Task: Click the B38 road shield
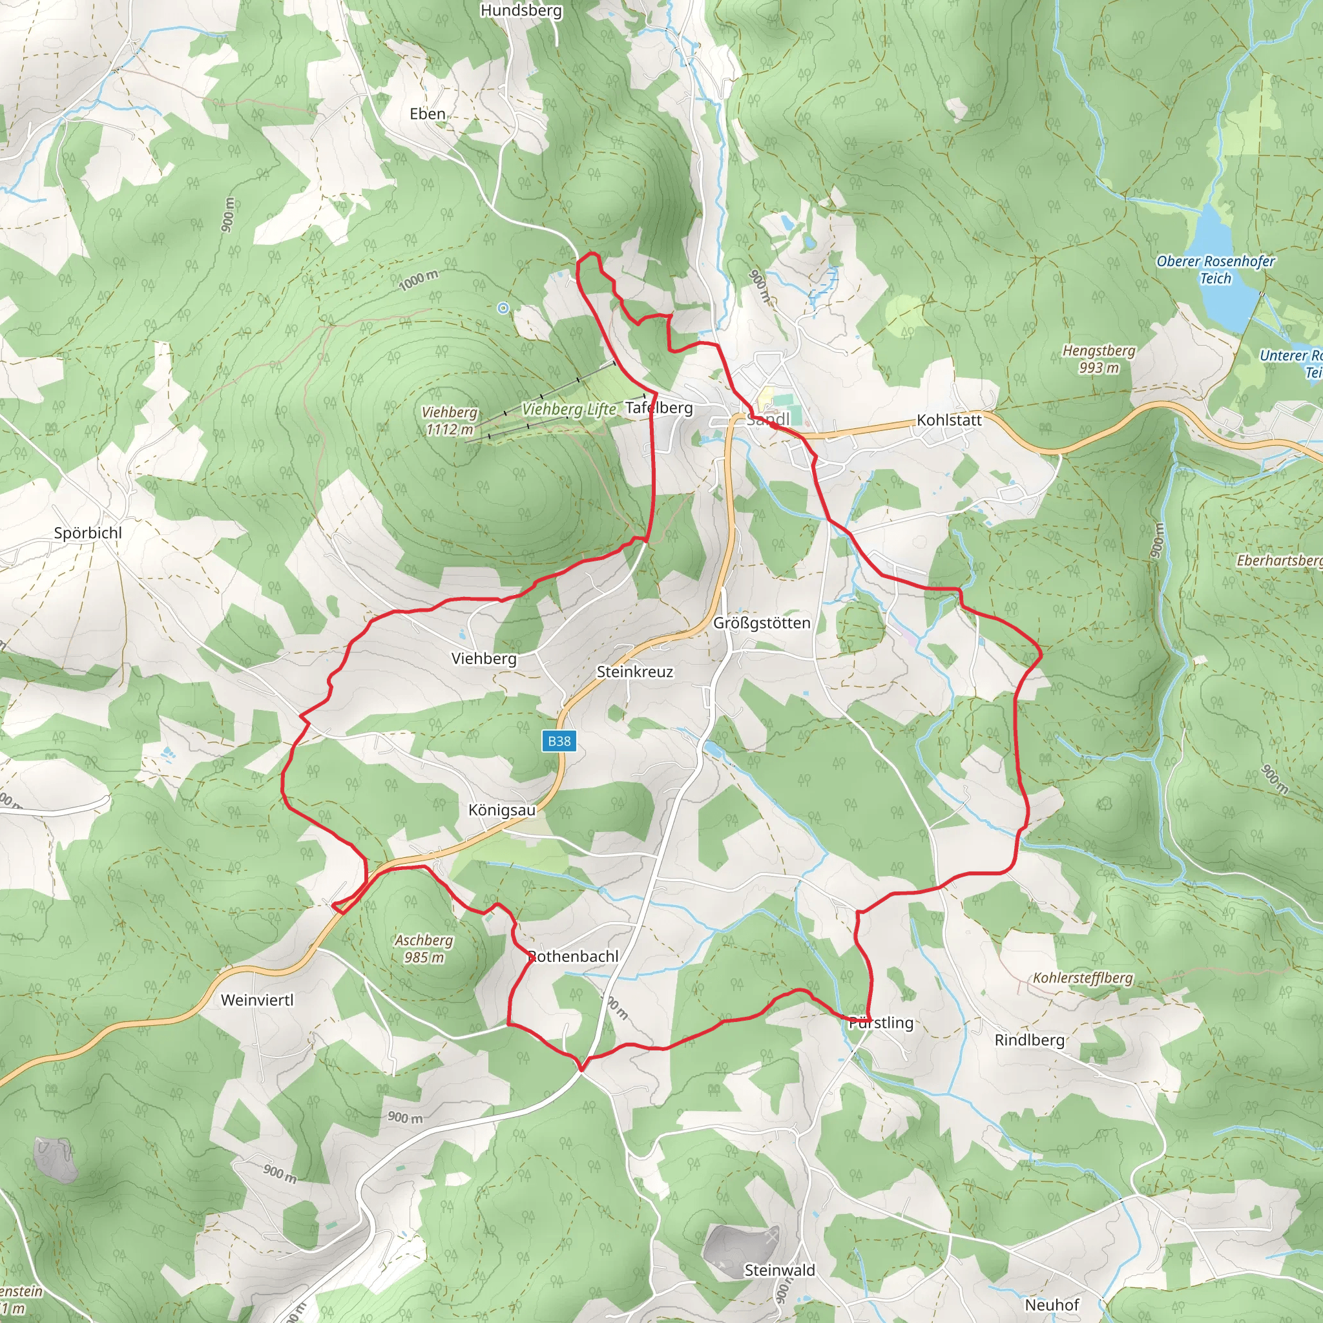point(559,741)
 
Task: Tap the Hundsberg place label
point(521,10)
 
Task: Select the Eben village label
point(427,114)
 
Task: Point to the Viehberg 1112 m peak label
point(449,421)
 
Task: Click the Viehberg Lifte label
point(569,409)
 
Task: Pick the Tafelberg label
point(659,408)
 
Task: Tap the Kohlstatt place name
point(949,420)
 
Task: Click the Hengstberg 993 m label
point(1098,359)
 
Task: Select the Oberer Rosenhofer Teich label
point(1216,270)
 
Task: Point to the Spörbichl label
point(88,533)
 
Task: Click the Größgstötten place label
point(762,623)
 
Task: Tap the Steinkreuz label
point(635,672)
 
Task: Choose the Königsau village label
point(502,810)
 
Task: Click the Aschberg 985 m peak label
point(424,948)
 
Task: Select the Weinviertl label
point(257,1000)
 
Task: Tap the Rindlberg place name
point(1029,1039)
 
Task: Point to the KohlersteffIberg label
point(1083,977)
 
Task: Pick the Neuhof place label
point(1052,1304)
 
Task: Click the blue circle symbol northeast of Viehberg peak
point(503,308)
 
